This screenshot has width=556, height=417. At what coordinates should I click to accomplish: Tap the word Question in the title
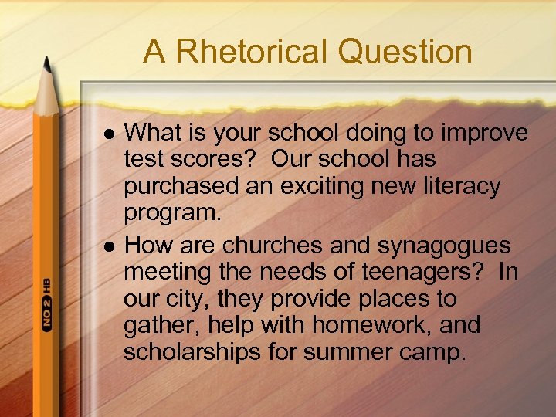[x=404, y=52]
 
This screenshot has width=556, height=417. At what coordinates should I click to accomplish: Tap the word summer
[x=341, y=352]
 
